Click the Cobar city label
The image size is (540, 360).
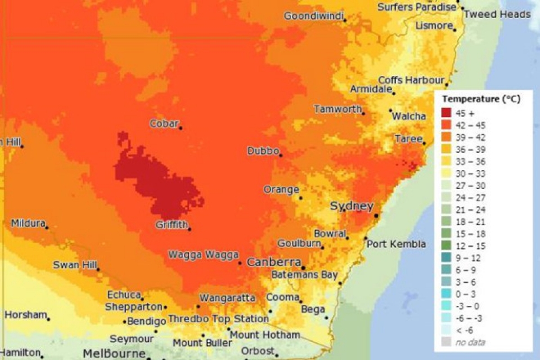[x=164, y=124]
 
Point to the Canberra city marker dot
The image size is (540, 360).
[x=303, y=268]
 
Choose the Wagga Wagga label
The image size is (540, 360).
[x=203, y=255]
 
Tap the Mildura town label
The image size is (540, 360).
[x=28, y=223]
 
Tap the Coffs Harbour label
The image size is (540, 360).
[x=411, y=80]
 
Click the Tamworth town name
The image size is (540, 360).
[x=337, y=109]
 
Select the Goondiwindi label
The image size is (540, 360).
[x=313, y=16]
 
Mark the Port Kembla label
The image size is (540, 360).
[x=396, y=244]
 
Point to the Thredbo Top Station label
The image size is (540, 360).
[x=217, y=319]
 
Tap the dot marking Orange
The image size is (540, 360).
[x=301, y=197]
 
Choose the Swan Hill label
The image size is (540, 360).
[x=75, y=265]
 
